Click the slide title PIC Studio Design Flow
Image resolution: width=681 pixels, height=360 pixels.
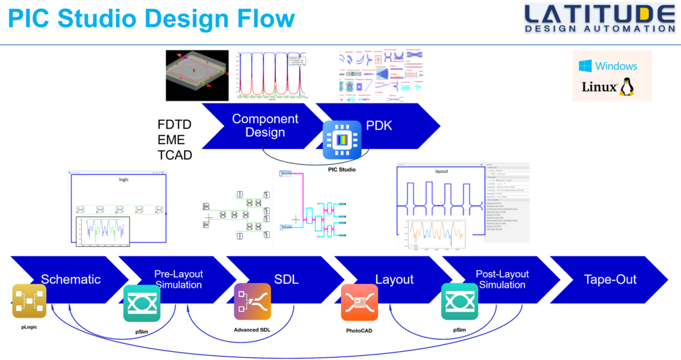point(151,18)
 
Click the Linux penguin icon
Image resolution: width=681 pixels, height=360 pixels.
point(627,86)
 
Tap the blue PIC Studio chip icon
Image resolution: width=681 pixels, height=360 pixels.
point(342,140)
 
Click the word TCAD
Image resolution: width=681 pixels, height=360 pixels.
point(175,154)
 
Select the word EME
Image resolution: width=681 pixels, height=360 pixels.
point(171,140)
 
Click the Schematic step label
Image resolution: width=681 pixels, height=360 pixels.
point(71,279)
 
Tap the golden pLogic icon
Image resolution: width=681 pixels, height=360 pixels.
point(29,301)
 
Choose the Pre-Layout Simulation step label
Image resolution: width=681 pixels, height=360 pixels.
point(178,279)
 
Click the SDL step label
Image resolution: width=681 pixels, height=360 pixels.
point(286,279)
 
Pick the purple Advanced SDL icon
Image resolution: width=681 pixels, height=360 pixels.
point(253,302)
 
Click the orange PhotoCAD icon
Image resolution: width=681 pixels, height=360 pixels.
point(360,302)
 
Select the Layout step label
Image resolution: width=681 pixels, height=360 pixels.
point(394,279)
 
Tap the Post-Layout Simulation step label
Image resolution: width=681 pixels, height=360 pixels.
point(502,279)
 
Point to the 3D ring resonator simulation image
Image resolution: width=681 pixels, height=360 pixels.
point(199,75)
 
